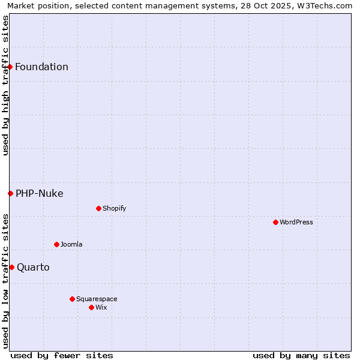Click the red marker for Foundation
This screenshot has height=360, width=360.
pyautogui.click(x=10, y=67)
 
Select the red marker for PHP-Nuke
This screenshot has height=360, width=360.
pyautogui.click(x=10, y=193)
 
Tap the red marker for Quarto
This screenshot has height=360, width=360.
pyautogui.click(x=11, y=267)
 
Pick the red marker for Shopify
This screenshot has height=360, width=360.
pyautogui.click(x=98, y=208)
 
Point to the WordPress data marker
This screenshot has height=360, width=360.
pyautogui.click(x=275, y=222)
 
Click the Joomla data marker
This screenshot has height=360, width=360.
pyautogui.click(x=56, y=244)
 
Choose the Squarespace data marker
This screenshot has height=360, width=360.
pyautogui.click(x=72, y=299)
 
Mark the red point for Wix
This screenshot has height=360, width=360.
pyautogui.click(x=91, y=307)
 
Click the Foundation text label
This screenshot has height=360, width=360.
pyautogui.click(x=41, y=67)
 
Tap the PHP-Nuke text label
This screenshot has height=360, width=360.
pyautogui.click(x=39, y=193)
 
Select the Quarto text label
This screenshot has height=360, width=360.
pyautogui.click(x=33, y=267)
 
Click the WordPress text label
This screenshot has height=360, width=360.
pyautogui.click(x=296, y=222)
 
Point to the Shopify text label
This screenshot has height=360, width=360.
pyautogui.click(x=114, y=208)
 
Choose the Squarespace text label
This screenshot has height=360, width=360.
pyautogui.click(x=97, y=299)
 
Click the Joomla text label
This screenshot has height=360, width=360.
pyautogui.click(x=71, y=244)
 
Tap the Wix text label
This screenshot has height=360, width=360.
pyautogui.click(x=101, y=307)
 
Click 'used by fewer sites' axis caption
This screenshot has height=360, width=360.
pyautogui.click(x=62, y=355)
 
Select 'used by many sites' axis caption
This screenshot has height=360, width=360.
pyautogui.click(x=301, y=355)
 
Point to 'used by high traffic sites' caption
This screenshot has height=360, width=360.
pyautogui.click(x=5, y=85)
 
